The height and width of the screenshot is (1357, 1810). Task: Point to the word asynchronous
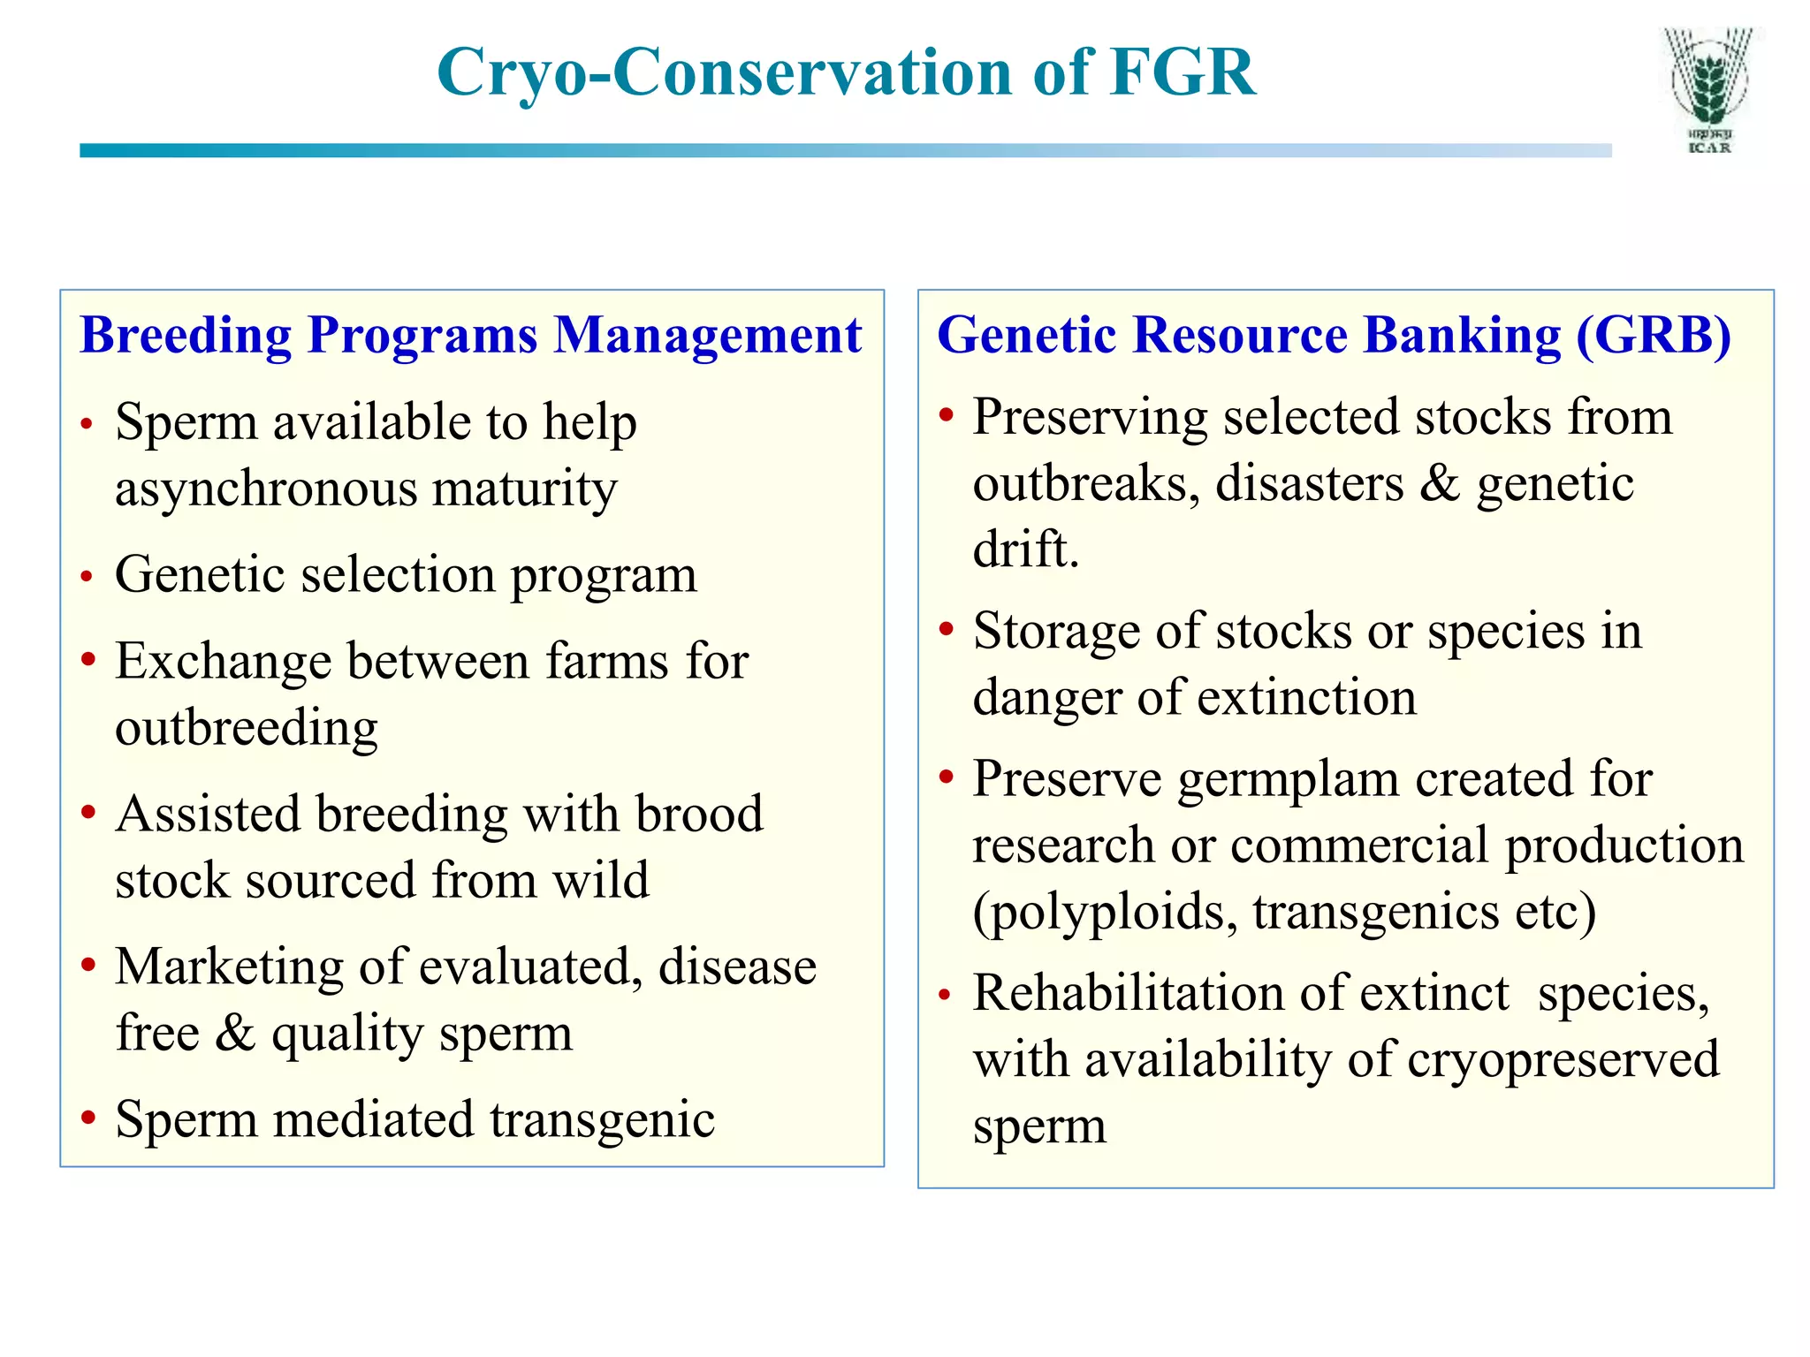pyautogui.click(x=265, y=489)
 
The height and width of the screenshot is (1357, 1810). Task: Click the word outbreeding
pyautogui.click(x=247, y=728)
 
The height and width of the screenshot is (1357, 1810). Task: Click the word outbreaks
pyautogui.click(x=1086, y=484)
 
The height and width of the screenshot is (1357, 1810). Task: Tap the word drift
pyautogui.click(x=1025, y=550)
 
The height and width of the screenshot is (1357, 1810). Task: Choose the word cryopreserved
pyautogui.click(x=1563, y=1060)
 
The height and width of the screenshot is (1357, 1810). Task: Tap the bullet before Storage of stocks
pyautogui.click(x=946, y=629)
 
